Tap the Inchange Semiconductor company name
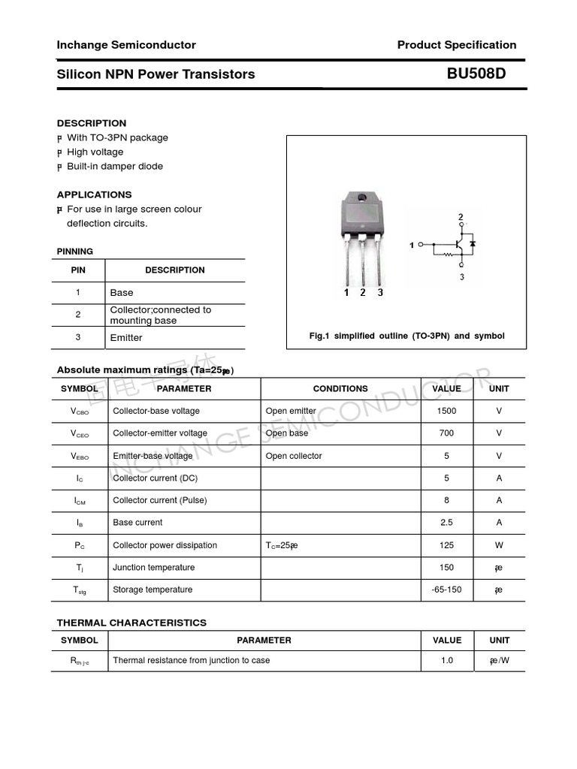(x=126, y=45)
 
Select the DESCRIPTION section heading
(x=92, y=123)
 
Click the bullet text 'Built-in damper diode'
(x=114, y=166)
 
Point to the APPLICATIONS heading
(x=94, y=195)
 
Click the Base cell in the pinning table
(x=122, y=293)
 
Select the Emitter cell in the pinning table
(x=126, y=338)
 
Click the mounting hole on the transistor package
(x=362, y=198)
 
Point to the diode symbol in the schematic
(x=472, y=244)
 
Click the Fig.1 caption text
(x=406, y=336)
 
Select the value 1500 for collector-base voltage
(x=446, y=411)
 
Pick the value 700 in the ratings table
(x=446, y=433)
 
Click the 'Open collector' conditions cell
(x=294, y=456)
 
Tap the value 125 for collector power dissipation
(x=446, y=545)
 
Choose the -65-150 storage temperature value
(x=446, y=590)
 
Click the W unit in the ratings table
(x=499, y=545)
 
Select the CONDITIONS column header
(x=340, y=389)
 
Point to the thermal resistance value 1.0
(x=446, y=661)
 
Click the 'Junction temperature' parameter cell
(x=153, y=568)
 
